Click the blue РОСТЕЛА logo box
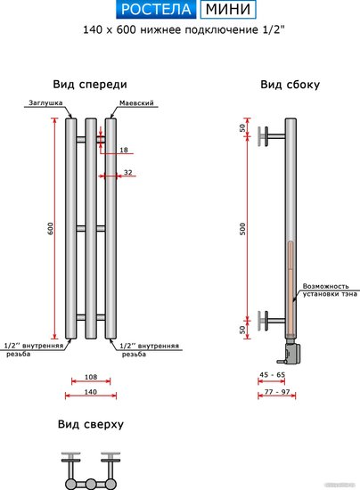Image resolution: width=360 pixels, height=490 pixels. coord(156,9)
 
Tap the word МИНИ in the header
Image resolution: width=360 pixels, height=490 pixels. coord(228,9)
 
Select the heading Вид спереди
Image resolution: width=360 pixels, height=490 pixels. coord(90,85)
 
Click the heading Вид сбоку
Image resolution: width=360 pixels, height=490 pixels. coord(290,85)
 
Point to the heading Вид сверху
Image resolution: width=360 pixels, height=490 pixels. coord(91,424)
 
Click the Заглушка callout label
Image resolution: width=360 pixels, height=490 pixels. coord(45,102)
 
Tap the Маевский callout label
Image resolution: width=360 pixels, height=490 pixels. coord(136,102)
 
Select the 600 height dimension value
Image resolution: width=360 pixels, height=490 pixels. coord(50,228)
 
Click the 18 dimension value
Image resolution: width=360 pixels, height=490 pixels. coord(124,150)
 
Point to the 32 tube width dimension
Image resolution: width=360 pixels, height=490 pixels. coord(127,172)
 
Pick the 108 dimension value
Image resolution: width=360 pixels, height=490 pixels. coord(91,377)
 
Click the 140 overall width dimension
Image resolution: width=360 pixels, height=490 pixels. coord(91,392)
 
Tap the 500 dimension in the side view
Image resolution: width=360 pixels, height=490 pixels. coord(242,229)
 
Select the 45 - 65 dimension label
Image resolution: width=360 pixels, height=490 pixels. coord(272,374)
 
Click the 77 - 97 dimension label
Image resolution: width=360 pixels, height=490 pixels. coord(277,392)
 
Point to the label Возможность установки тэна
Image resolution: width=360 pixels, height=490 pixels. coord(330,290)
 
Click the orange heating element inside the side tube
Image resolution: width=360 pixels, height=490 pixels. coord(290,288)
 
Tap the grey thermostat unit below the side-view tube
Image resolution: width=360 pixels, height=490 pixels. coord(292,352)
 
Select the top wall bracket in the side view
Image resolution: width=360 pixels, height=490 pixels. coord(271,136)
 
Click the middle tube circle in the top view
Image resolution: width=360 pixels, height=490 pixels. coord(91,484)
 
